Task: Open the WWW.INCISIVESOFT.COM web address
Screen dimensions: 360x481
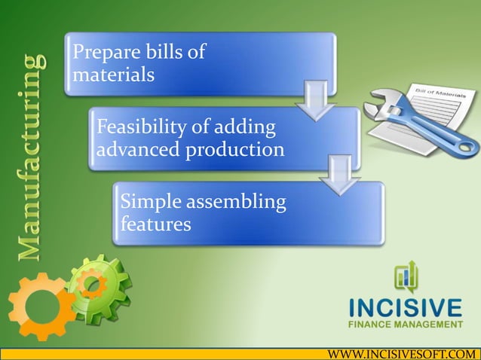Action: (400, 352)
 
